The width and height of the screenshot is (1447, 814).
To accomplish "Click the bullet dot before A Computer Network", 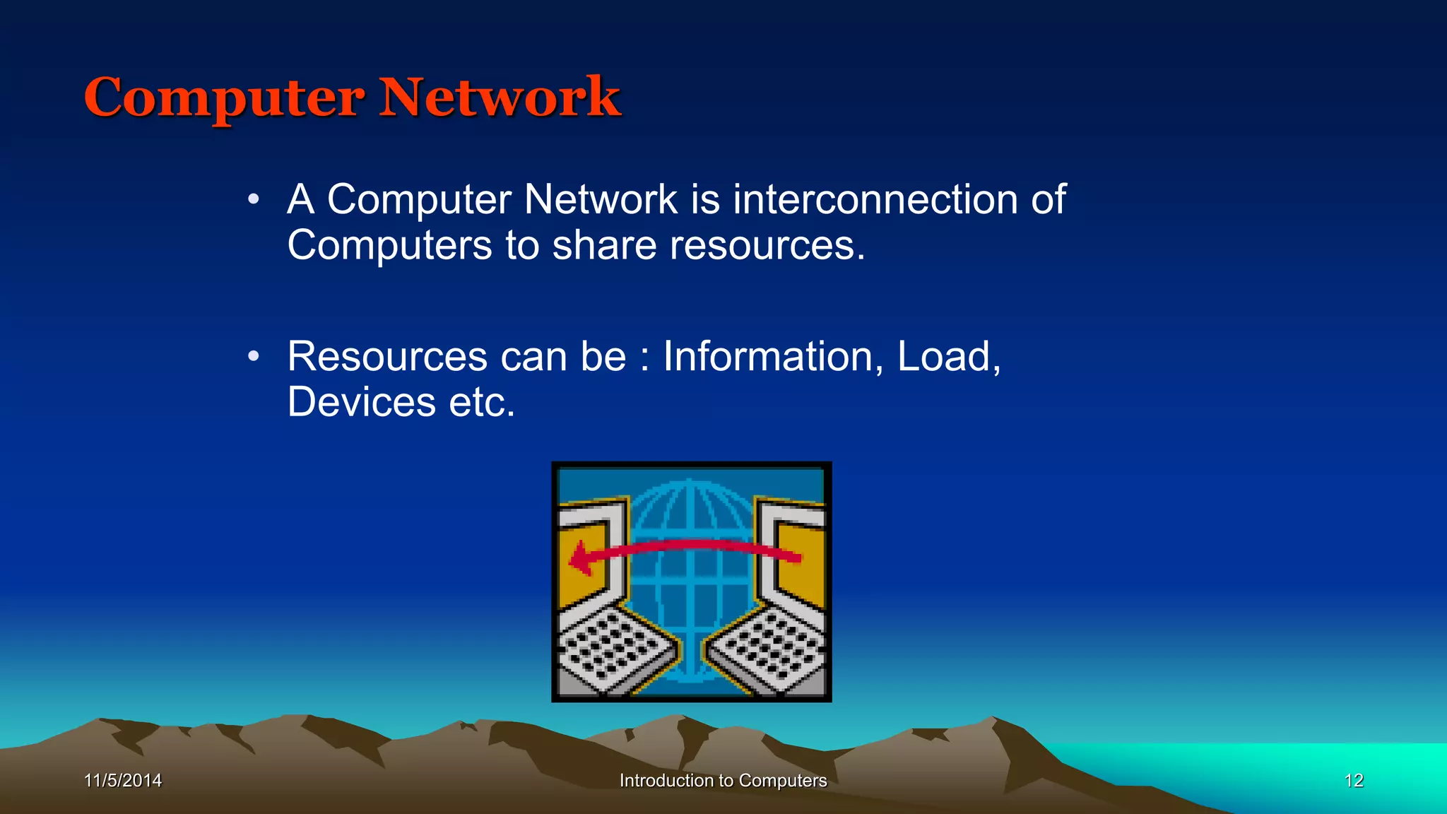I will [254, 200].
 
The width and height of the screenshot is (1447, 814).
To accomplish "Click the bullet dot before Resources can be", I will [254, 357].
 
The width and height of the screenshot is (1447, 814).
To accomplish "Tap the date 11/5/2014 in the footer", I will [123, 780].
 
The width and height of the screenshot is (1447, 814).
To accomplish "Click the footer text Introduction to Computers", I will [723, 780].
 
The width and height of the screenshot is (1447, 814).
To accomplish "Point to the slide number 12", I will [1354, 780].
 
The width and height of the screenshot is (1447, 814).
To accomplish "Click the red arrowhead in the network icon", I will [580, 559].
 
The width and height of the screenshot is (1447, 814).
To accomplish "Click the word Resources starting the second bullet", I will [387, 356].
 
